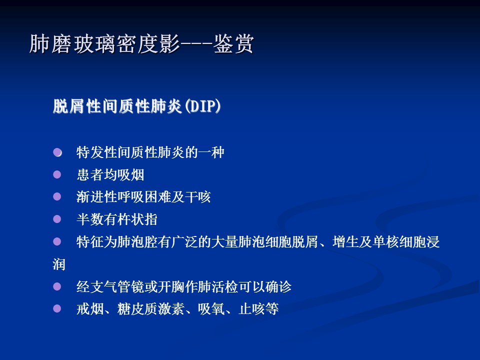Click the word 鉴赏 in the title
pos(233,44)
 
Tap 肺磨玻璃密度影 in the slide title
pos(104,44)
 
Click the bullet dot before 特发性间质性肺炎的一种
pos(57,152)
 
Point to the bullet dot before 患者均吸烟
pos(57,174)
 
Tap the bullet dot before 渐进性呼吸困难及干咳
pos(57,196)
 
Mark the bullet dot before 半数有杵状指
pos(57,219)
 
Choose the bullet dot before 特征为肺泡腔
pos(57,241)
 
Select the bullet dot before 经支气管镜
pos(57,286)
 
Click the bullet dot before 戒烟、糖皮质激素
pos(57,308)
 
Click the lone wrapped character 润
pos(59,264)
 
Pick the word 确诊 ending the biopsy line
pos(278,287)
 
